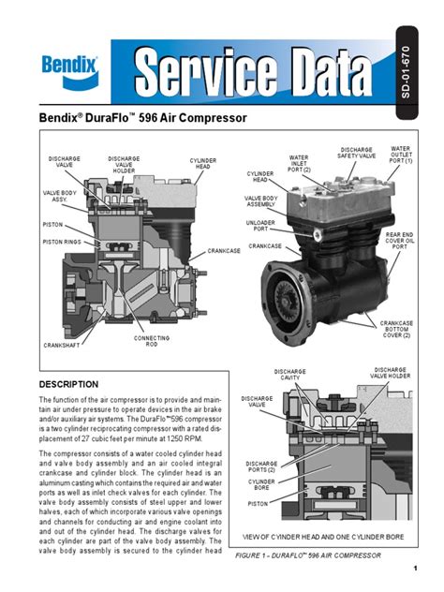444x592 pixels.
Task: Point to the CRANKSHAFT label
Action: [x=60, y=346]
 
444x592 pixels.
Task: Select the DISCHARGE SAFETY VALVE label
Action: [x=356, y=153]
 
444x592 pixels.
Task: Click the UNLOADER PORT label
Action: [x=266, y=225]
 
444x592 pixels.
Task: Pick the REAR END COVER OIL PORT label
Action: [x=400, y=243]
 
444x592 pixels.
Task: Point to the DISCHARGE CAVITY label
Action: [x=290, y=376]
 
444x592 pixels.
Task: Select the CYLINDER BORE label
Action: [x=261, y=484]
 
